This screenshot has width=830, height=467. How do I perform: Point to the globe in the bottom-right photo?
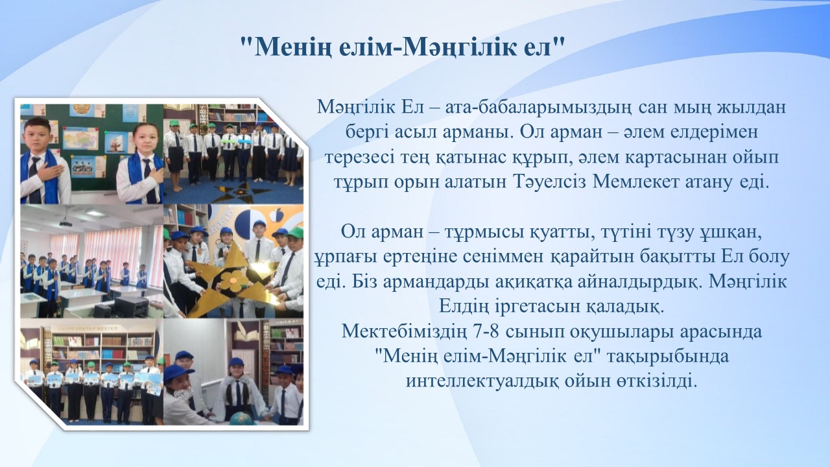(x=241, y=419)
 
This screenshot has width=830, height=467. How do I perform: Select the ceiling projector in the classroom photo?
(x=65, y=222)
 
